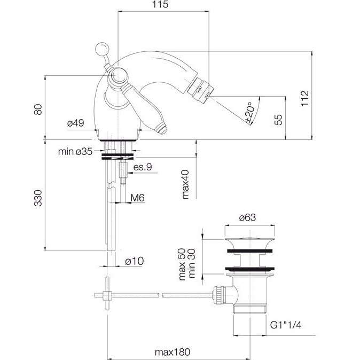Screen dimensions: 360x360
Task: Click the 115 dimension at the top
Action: pos(160,4)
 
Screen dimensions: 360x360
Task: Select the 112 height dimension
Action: pos(305,98)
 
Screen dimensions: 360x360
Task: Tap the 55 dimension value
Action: pos(278,120)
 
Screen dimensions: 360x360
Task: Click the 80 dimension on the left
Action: pos(38,109)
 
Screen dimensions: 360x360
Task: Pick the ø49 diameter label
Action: pos(75,123)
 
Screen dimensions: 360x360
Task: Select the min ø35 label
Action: pos(75,152)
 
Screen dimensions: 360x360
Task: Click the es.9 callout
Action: pos(143,167)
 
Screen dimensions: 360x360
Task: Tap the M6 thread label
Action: pos(137,198)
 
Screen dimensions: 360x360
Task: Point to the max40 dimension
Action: pos(185,184)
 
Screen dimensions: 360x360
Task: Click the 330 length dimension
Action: pos(38,198)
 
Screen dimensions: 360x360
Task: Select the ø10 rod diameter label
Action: pos(134,261)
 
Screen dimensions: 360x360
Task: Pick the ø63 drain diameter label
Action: pos(247,217)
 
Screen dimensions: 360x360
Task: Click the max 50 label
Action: pos(182,264)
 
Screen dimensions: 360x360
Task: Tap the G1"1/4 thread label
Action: pos(286,325)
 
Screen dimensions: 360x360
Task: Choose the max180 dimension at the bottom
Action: pos(173,352)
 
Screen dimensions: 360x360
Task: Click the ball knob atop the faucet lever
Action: pos(103,49)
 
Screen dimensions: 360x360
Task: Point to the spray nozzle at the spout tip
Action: pos(200,89)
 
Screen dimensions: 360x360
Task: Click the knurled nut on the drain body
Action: pos(217,293)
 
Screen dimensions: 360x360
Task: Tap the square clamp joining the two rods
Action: pos(107,295)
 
